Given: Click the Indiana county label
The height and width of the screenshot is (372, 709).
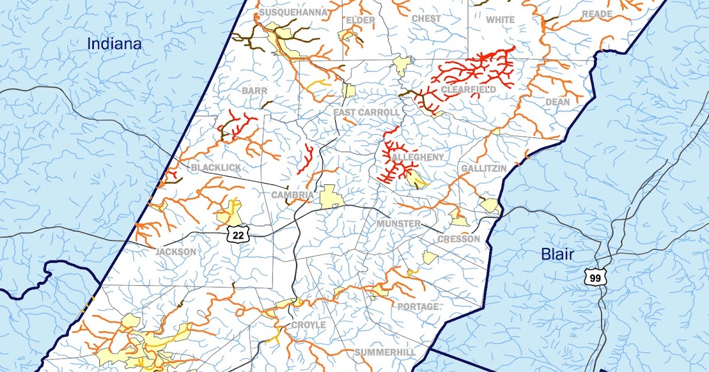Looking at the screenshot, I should pyautogui.click(x=115, y=44).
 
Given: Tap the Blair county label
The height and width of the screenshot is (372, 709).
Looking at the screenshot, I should pyautogui.click(x=558, y=254).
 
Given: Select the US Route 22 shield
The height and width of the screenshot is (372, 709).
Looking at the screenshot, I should pyautogui.click(x=238, y=234).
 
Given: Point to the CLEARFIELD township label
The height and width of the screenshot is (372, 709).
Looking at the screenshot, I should pyautogui.click(x=468, y=90).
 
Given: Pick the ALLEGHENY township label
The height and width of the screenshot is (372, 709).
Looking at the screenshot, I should pyautogui.click(x=417, y=157).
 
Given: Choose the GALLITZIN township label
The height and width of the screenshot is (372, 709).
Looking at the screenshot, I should pyautogui.click(x=483, y=169).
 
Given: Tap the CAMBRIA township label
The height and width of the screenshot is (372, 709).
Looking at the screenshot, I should pyautogui.click(x=292, y=195).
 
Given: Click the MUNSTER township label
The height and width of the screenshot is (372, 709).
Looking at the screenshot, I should pyautogui.click(x=399, y=224).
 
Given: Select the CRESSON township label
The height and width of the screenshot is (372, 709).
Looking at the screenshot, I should pyautogui.click(x=458, y=239).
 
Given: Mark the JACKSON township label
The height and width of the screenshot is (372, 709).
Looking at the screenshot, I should pyautogui.click(x=175, y=252).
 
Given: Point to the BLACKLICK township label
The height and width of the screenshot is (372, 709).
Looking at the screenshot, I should pyautogui.click(x=216, y=168).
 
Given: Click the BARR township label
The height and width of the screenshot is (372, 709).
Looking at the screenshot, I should pyautogui.click(x=255, y=92).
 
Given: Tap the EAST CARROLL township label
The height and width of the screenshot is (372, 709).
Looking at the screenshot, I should pyautogui.click(x=366, y=113).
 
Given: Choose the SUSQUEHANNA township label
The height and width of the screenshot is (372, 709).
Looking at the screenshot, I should pyautogui.click(x=285, y=12).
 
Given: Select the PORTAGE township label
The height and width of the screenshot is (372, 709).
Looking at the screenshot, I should pyautogui.click(x=418, y=307).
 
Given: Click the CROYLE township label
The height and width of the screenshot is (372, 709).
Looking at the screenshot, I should pyautogui.click(x=308, y=325).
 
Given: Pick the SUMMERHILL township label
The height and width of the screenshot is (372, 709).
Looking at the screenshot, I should pyautogui.click(x=385, y=353).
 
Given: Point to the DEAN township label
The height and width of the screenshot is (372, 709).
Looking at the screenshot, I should pyautogui.click(x=557, y=102).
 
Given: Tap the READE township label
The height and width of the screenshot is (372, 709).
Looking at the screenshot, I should pyautogui.click(x=597, y=14).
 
